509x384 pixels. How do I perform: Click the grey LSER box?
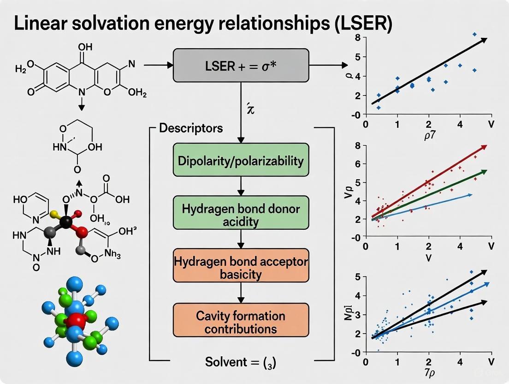coord(240,65)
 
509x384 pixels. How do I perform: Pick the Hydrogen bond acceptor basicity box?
coord(240,267)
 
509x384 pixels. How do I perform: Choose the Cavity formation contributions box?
coord(240,322)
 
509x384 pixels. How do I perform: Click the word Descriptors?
coord(190,128)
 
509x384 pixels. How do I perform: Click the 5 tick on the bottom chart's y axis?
coord(357,276)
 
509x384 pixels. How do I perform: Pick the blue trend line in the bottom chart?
coord(429,307)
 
